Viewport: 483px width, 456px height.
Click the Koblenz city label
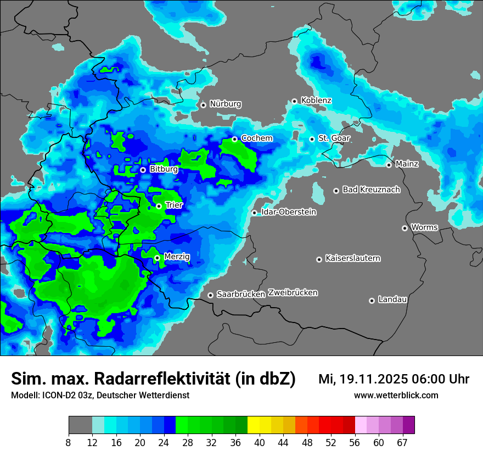316,101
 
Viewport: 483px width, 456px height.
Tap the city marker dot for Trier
159,206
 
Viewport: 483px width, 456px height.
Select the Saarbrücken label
241,294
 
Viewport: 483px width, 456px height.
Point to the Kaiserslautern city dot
319,259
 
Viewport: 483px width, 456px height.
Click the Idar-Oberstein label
288,212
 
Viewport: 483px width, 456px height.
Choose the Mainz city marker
389,165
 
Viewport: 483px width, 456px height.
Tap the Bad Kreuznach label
371,190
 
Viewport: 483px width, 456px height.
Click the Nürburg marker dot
203,105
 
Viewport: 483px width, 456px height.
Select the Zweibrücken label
293,293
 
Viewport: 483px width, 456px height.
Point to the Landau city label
392,299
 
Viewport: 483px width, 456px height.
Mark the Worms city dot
405,228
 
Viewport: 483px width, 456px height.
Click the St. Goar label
334,138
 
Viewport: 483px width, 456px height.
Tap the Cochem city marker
234,139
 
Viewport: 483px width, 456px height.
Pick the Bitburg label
164,169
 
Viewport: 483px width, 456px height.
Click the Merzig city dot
157,258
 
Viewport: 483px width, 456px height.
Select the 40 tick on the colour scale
260,442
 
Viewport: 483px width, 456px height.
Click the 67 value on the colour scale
402,442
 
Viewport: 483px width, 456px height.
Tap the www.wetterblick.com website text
396,395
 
